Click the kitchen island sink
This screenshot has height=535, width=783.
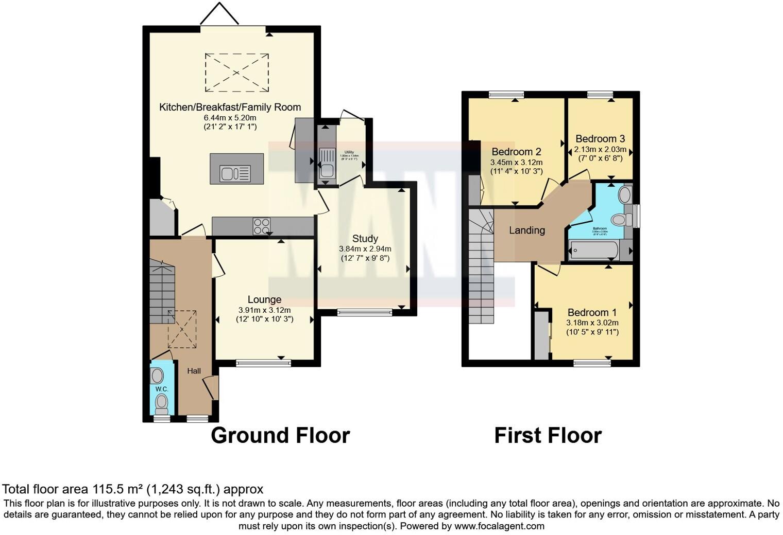click(x=235, y=173)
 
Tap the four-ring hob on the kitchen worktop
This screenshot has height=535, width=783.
click(x=262, y=226)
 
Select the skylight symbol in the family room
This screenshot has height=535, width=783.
click(x=237, y=72)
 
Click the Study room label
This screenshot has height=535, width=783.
click(x=365, y=239)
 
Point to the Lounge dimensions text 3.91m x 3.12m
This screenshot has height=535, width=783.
click(x=264, y=310)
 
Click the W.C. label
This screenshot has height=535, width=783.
click(x=162, y=389)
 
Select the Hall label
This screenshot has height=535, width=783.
click(x=194, y=371)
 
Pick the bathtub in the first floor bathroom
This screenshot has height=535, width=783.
click(x=593, y=251)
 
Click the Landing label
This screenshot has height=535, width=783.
click(x=526, y=230)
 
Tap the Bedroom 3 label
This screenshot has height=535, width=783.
click(x=600, y=139)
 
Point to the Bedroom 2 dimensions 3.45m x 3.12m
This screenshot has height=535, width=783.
click(x=516, y=162)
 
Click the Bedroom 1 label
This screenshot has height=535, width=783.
click(x=592, y=313)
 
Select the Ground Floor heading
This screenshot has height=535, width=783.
click(x=280, y=435)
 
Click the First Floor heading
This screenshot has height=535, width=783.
click(x=548, y=435)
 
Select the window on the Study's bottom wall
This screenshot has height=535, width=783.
click(x=365, y=312)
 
